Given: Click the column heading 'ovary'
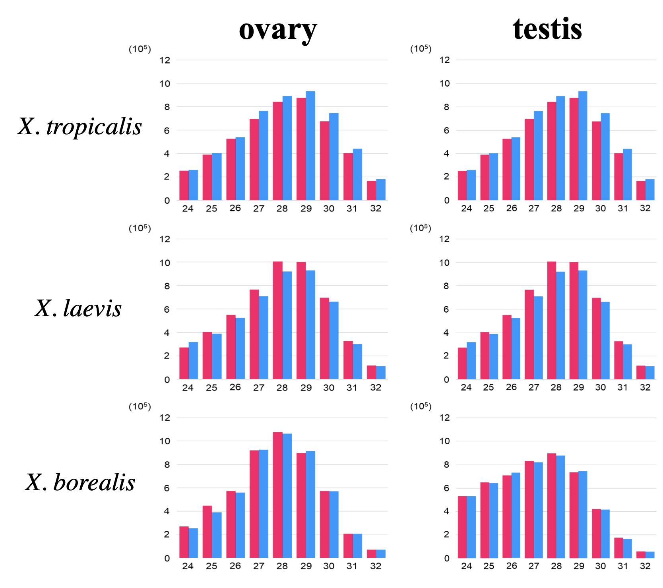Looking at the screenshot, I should click(x=278, y=29).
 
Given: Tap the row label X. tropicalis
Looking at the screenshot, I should click(x=79, y=127).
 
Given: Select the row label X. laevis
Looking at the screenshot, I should click(x=78, y=308).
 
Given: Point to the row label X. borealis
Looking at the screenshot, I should click(x=80, y=483).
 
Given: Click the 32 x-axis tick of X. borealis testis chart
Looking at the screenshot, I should click(x=645, y=566).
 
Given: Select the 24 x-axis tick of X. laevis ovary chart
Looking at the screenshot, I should click(x=188, y=387).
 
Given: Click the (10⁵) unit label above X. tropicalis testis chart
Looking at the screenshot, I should click(x=421, y=49).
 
